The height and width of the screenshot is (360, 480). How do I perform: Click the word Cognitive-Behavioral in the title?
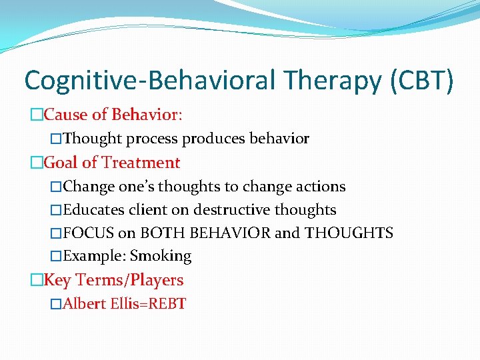pyautogui.click(x=148, y=81)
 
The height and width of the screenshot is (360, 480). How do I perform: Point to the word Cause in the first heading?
pyautogui.click(x=65, y=115)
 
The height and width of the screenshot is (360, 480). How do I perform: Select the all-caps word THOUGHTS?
pyautogui.click(x=349, y=233)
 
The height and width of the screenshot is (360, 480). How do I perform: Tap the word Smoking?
pyautogui.click(x=161, y=256)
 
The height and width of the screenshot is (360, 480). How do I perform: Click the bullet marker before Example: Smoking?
pyautogui.click(x=56, y=257)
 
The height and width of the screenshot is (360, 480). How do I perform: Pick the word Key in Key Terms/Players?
pyautogui.click(x=57, y=280)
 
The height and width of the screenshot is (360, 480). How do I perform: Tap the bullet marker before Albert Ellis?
pyautogui.click(x=56, y=305)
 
